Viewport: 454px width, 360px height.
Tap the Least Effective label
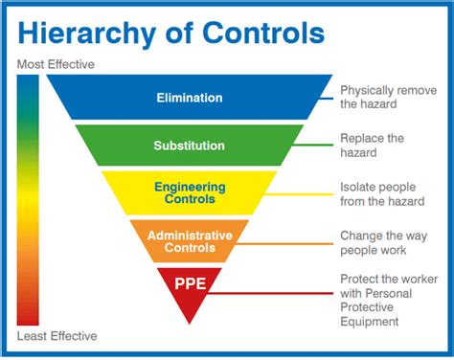57,336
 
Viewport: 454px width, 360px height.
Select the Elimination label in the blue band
189,97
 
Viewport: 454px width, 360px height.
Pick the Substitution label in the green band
189,146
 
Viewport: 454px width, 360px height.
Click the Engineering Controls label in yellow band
189,193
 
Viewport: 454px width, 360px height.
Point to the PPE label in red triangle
189,283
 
